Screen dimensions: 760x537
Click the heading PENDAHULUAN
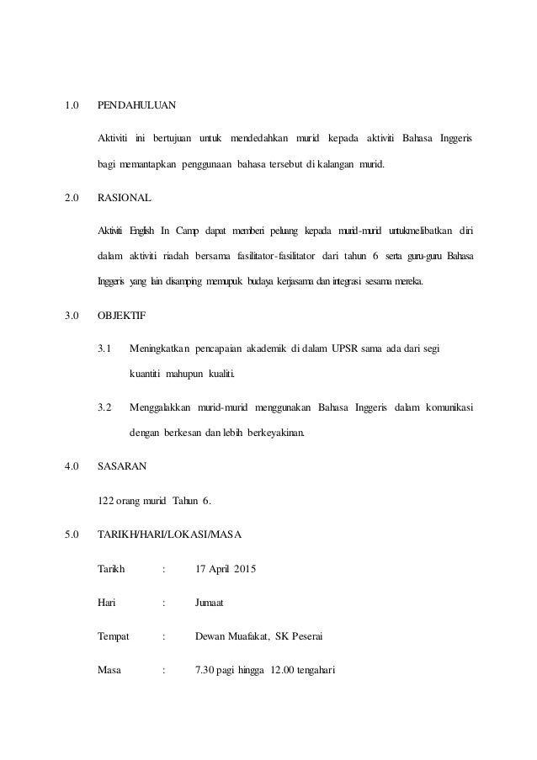[137, 107]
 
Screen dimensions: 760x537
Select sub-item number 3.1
[105, 347]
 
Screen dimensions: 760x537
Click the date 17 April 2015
[225, 569]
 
